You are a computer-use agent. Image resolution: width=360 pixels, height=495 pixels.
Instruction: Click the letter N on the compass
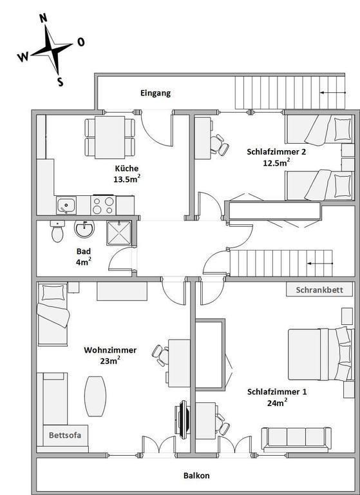43,18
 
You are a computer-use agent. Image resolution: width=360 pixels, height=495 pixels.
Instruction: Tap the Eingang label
156,93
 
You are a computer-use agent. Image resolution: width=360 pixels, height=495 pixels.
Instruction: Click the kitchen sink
66,205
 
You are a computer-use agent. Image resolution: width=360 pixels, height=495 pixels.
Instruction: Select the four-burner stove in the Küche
103,205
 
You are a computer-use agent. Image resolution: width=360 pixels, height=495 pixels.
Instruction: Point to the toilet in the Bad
57,231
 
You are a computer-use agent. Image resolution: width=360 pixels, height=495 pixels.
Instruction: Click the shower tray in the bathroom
119,233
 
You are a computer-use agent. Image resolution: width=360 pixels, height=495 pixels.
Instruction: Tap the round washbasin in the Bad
84,229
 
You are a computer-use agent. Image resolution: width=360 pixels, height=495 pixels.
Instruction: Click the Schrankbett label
319,290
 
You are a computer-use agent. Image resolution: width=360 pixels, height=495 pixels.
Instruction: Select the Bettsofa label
65,435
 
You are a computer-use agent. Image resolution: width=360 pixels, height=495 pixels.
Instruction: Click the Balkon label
196,476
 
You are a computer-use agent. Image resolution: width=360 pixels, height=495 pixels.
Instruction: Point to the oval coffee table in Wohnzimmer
95,396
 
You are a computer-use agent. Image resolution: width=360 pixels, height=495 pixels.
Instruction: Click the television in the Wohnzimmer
183,420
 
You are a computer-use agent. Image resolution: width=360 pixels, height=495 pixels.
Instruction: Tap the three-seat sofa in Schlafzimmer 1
296,439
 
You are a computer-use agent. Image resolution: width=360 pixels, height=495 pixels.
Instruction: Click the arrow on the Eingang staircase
333,93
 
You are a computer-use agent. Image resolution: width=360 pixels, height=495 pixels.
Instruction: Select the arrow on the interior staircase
320,263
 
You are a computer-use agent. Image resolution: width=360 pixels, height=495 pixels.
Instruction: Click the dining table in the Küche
109,137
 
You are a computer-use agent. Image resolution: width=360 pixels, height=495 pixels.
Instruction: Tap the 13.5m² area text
127,179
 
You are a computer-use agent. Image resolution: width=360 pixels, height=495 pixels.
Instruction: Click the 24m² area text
277,402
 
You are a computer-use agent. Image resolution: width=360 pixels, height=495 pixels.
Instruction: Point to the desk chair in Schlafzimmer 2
219,145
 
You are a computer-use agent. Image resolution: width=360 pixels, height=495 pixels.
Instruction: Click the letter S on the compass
61,82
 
